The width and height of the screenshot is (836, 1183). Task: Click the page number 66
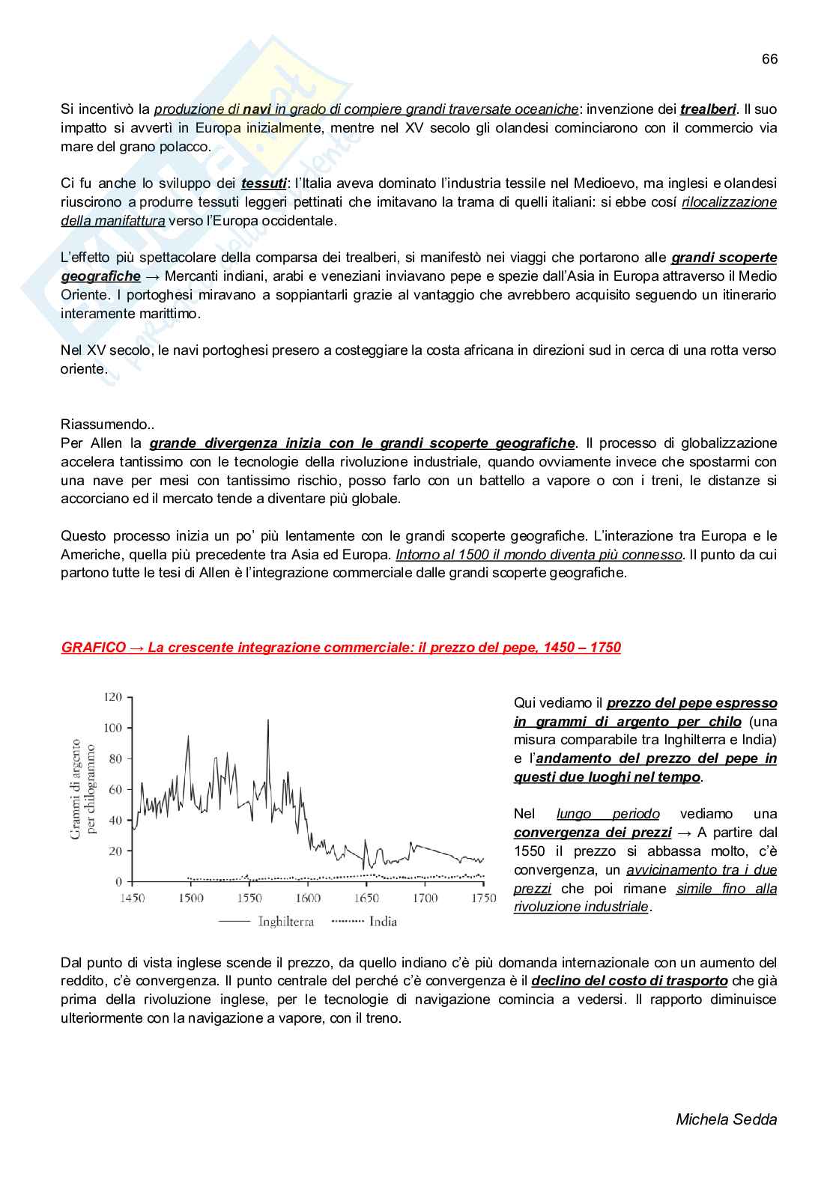[769, 59]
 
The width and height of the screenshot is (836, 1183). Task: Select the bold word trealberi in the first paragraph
[708, 109]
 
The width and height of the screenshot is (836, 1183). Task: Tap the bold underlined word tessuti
[264, 183]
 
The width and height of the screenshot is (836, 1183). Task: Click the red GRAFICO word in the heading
[94, 648]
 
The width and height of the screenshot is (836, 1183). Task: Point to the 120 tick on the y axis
[112, 697]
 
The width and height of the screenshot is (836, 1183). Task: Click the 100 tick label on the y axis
[112, 728]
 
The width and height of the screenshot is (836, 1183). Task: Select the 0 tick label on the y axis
[118, 882]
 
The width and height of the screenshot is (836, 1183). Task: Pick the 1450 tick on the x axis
[132, 898]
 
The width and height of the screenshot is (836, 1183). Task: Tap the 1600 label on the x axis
[308, 898]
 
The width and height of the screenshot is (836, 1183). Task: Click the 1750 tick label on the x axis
[483, 898]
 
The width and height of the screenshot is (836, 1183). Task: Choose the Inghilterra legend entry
[285, 922]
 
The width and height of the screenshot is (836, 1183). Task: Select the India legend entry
[383, 922]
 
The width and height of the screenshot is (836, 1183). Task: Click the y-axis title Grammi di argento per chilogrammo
[82, 789]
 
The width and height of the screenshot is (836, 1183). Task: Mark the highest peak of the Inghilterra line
[268, 720]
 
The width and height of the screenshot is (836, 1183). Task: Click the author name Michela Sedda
[726, 1119]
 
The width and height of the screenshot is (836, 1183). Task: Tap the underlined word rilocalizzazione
[729, 202]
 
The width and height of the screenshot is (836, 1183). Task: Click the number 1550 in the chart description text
[530, 851]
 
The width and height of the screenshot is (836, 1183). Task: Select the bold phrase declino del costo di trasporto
[629, 981]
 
